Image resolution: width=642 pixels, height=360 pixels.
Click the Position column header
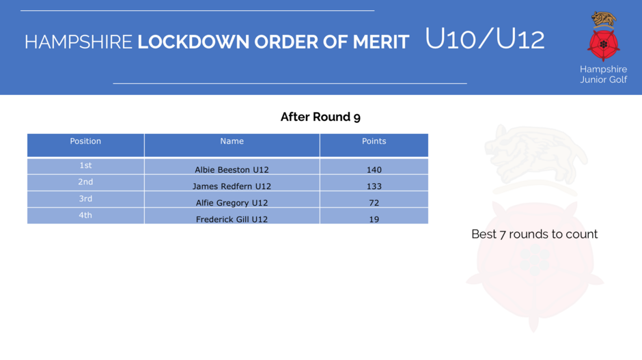click(x=85, y=141)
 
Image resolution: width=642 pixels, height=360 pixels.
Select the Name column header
click(x=232, y=141)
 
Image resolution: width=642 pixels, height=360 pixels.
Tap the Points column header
click(x=374, y=141)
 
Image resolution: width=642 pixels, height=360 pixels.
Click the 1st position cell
click(x=85, y=165)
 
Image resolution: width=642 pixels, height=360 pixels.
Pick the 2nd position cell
click(x=85, y=182)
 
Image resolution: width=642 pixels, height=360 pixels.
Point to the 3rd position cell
click(x=85, y=199)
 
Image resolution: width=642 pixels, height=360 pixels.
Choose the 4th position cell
click(x=85, y=215)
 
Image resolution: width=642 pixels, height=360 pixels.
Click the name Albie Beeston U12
click(x=232, y=169)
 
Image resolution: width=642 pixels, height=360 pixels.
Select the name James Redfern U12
click(x=232, y=186)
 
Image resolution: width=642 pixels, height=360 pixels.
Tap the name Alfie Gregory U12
click(x=232, y=203)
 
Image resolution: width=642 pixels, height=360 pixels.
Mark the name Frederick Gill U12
click(x=232, y=219)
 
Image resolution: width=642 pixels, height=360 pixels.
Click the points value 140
click(x=374, y=169)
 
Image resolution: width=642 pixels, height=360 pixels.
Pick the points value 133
click(x=374, y=186)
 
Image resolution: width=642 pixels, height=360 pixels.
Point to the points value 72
click(x=374, y=203)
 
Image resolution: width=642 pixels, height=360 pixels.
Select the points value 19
click(x=374, y=219)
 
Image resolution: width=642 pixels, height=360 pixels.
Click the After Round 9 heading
click(x=320, y=117)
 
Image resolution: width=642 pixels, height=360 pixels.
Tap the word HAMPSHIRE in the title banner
click(x=79, y=42)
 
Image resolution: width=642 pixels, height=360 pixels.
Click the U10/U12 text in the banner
click(x=485, y=39)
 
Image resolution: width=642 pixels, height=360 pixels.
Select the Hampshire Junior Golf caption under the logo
click(x=604, y=74)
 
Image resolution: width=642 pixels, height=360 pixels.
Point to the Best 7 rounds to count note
click(x=534, y=234)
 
